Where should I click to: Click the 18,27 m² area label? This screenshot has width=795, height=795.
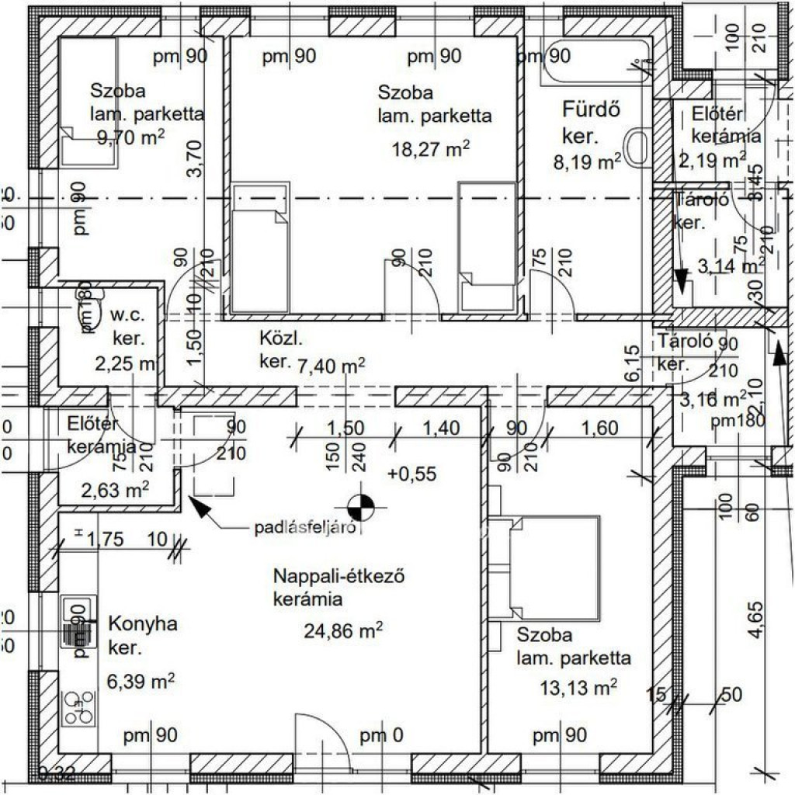pos(432,149)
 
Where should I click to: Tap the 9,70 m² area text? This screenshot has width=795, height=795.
pos(130,138)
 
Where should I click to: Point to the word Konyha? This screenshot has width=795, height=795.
pos(143,624)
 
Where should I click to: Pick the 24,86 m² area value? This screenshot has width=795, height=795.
pos(345,630)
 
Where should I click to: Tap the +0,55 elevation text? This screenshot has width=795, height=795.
pos(413,473)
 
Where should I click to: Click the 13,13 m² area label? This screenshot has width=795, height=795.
pos(578,686)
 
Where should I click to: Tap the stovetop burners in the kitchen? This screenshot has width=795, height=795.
pos(78,706)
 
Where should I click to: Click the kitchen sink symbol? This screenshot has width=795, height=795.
pos(78,621)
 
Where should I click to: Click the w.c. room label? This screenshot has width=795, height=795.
pos(124,316)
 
